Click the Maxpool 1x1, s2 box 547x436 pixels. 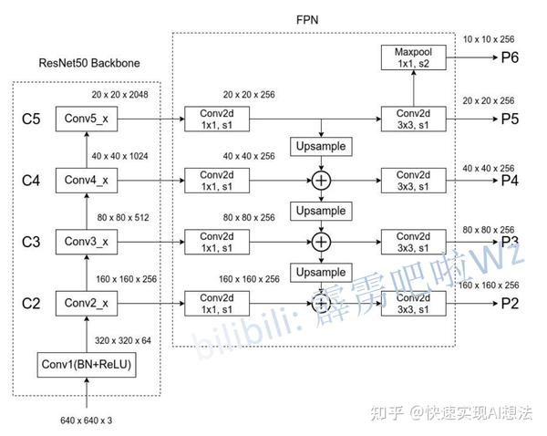tap(413, 57)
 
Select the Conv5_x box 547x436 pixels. tap(87, 119)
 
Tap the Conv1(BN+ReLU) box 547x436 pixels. tap(87, 365)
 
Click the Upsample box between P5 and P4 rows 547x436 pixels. tap(321, 147)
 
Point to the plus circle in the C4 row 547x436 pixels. tap(321, 181)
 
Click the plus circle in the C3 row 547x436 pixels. tap(321, 242)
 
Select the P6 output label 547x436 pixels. tap(510, 57)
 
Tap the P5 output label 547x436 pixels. tap(510, 119)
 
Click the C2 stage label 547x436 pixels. tap(31, 304)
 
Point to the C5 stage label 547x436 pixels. tap(31, 119)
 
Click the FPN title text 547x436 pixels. tap(307, 20)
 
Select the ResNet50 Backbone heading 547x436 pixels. tap(89, 63)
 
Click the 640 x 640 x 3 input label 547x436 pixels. tap(87, 420)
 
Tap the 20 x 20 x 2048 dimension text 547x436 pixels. tap(119, 95)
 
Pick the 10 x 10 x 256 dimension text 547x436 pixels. tap(489, 39)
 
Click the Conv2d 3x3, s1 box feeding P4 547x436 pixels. tap(413, 181)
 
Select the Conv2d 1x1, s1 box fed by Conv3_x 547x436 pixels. tap(217, 242)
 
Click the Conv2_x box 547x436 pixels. tap(87, 304)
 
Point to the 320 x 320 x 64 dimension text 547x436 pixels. tap(123, 340)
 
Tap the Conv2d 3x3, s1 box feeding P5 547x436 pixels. tap(413, 119)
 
